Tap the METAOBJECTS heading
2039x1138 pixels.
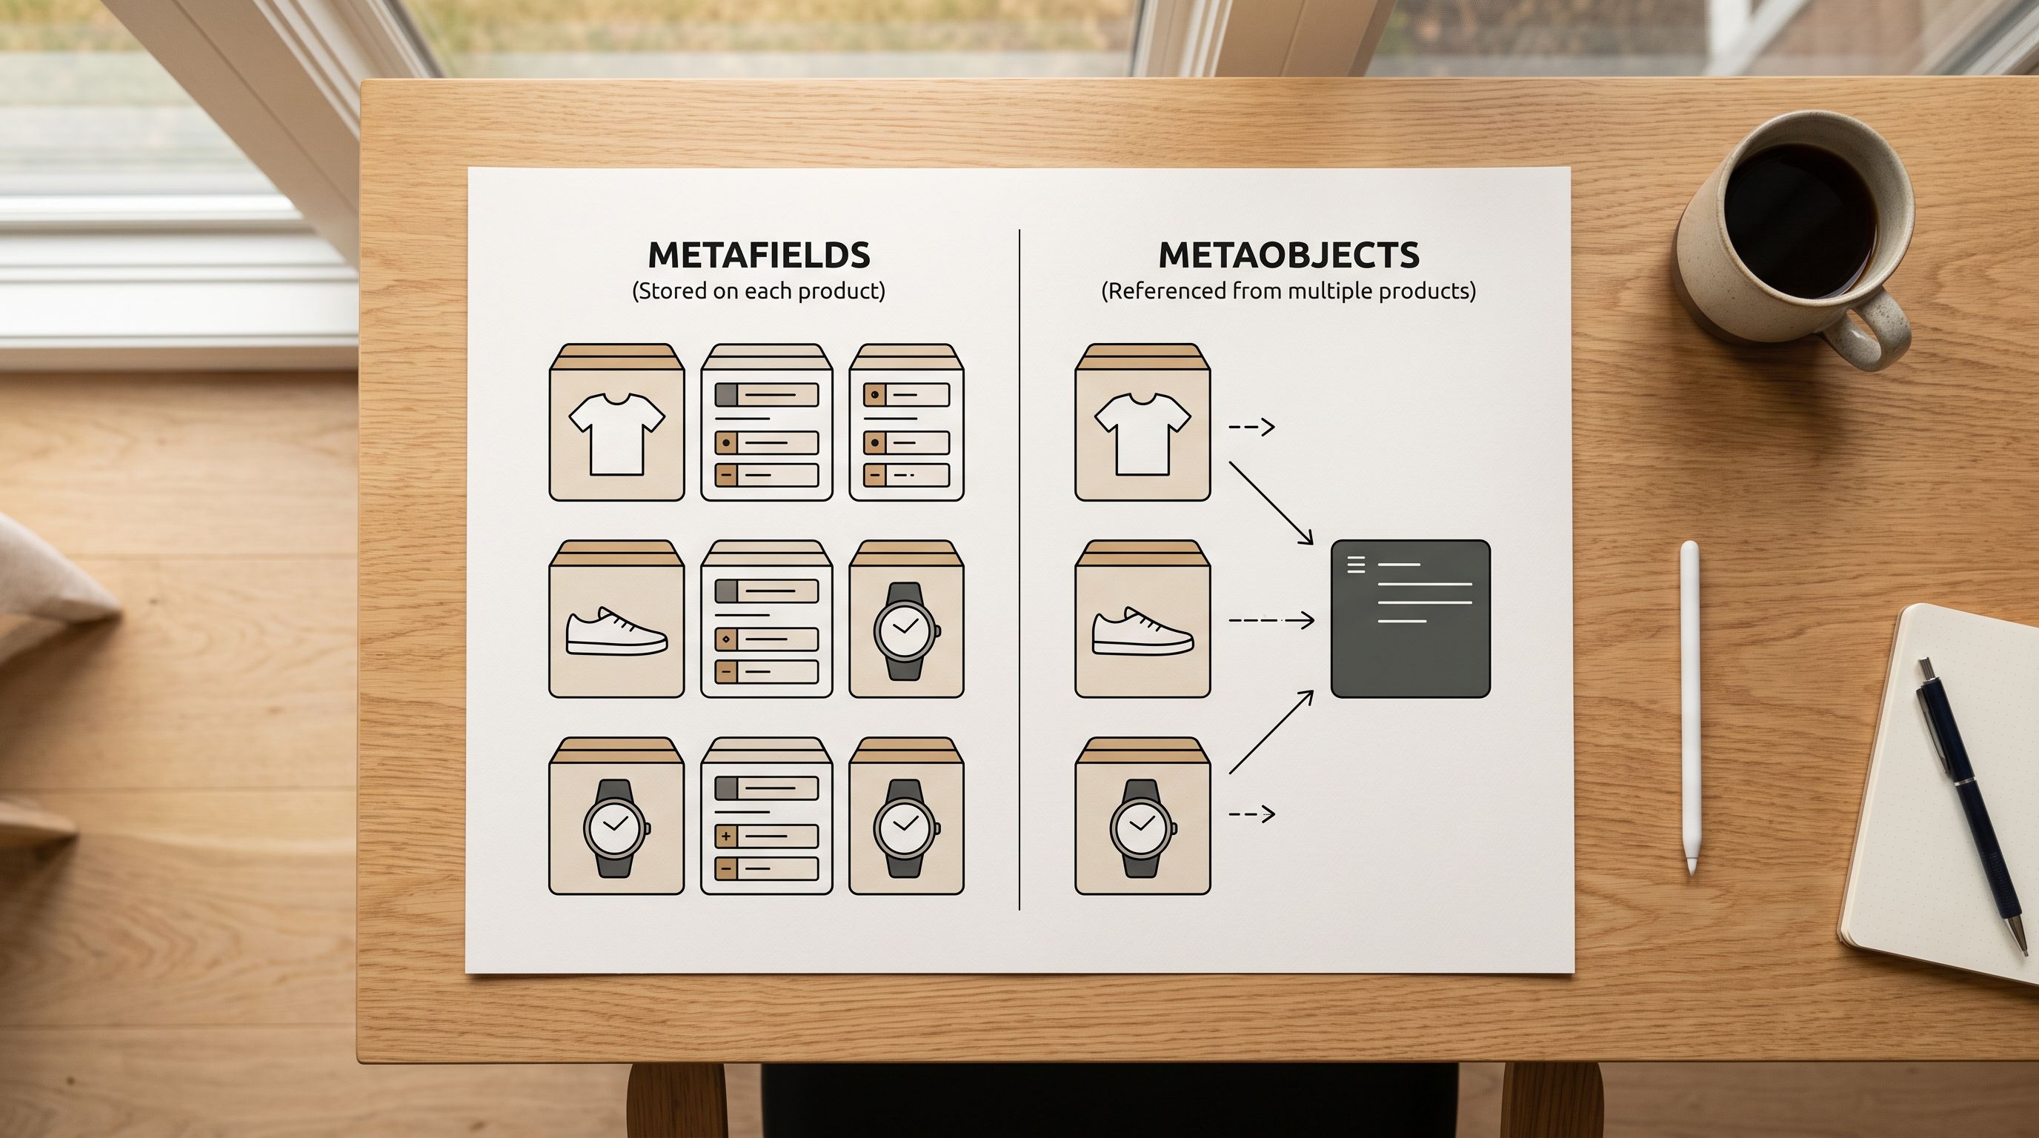(x=1288, y=255)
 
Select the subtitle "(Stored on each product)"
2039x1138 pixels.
(x=758, y=291)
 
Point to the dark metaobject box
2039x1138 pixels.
(x=1411, y=619)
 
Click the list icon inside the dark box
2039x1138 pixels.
(x=1356, y=565)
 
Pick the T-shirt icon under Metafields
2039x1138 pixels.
(x=616, y=433)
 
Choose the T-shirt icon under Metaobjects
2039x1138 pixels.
(x=1142, y=433)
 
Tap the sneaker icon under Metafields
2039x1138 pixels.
(x=616, y=630)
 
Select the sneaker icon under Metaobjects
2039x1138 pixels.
(x=1142, y=630)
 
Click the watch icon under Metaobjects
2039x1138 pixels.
(x=1142, y=828)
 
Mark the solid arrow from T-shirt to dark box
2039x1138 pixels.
(x=1271, y=503)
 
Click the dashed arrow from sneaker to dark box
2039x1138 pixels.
(x=1271, y=620)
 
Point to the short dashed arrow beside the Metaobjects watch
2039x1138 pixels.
(x=1251, y=813)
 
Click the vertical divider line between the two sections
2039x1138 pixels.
(x=1019, y=570)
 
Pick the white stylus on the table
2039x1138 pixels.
(x=1690, y=707)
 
